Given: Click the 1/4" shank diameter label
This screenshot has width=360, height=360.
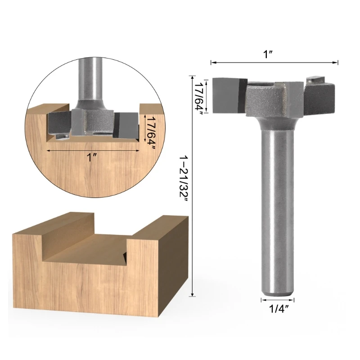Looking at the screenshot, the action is point(279,309).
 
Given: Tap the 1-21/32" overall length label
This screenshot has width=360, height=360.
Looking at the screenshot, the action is point(184,178).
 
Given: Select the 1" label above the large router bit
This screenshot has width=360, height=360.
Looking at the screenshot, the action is point(268,54).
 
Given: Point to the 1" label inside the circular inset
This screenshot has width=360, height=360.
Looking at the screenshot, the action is point(91,157).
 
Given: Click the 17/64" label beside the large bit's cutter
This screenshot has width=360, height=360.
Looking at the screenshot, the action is point(198,99).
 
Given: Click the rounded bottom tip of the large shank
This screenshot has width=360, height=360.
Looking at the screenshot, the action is point(278,294).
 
